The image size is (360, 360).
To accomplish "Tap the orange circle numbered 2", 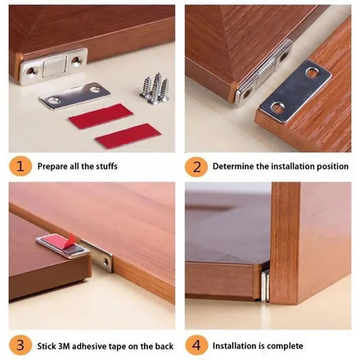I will pos(196,166).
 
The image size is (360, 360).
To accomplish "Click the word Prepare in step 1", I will pos(53,167).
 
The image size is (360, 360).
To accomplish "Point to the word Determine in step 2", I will pos(235,166).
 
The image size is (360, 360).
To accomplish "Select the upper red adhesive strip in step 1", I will pos(100,116).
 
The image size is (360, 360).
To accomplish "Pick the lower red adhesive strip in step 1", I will pos(127,135).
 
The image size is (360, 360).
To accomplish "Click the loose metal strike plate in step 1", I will pos(73,95).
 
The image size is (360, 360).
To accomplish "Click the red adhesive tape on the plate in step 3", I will pos(56,243).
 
